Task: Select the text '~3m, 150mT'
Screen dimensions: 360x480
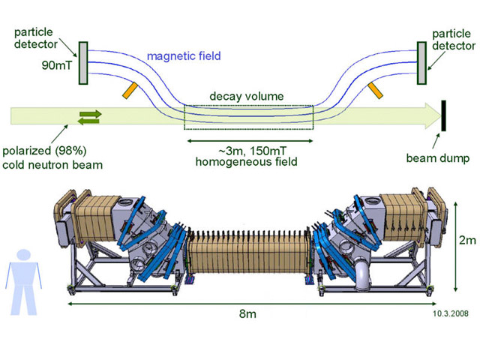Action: click(247, 150)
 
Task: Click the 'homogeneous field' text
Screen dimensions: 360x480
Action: click(247, 161)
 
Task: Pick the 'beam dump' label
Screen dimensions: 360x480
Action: click(437, 158)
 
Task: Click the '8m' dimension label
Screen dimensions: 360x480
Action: click(245, 313)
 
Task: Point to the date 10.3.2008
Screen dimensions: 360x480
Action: click(451, 315)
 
